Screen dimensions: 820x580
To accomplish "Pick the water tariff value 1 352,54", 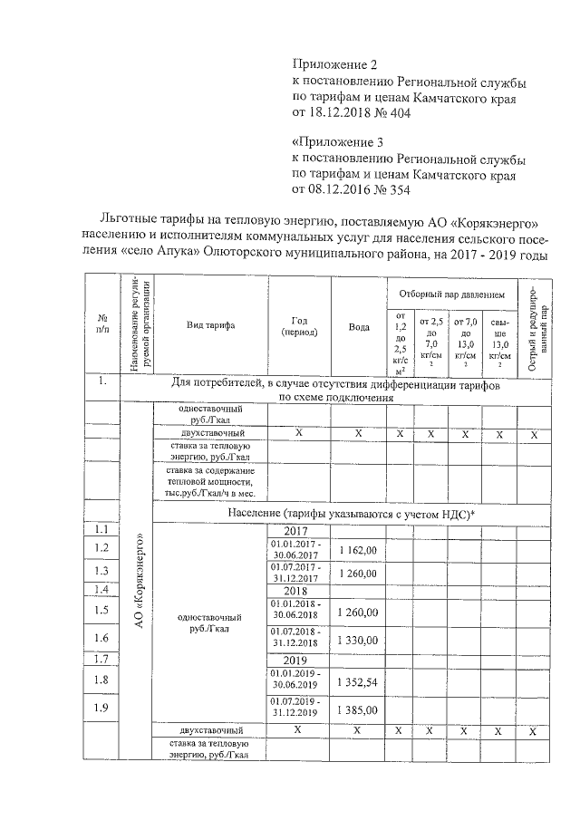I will point(358,681).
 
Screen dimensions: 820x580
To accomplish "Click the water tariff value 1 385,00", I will point(358,709).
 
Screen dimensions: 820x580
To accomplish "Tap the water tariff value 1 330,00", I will point(358,640).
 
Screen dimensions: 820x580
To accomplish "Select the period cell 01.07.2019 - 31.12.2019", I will point(299,709).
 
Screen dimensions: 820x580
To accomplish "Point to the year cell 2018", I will point(299,591).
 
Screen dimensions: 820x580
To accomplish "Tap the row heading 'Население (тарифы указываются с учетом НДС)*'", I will point(344,515).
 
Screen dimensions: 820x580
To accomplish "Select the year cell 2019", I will point(299,661).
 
